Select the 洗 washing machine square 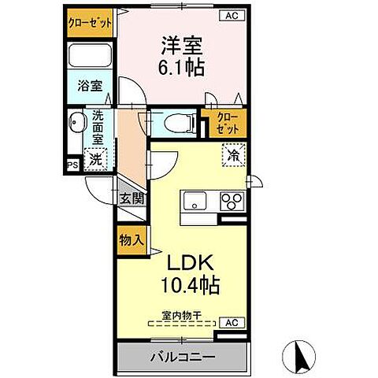click(x=94, y=157)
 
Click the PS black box click(x=72, y=165)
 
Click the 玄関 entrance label click(x=132, y=198)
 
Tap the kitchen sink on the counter click(x=195, y=202)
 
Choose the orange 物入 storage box click(x=131, y=239)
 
